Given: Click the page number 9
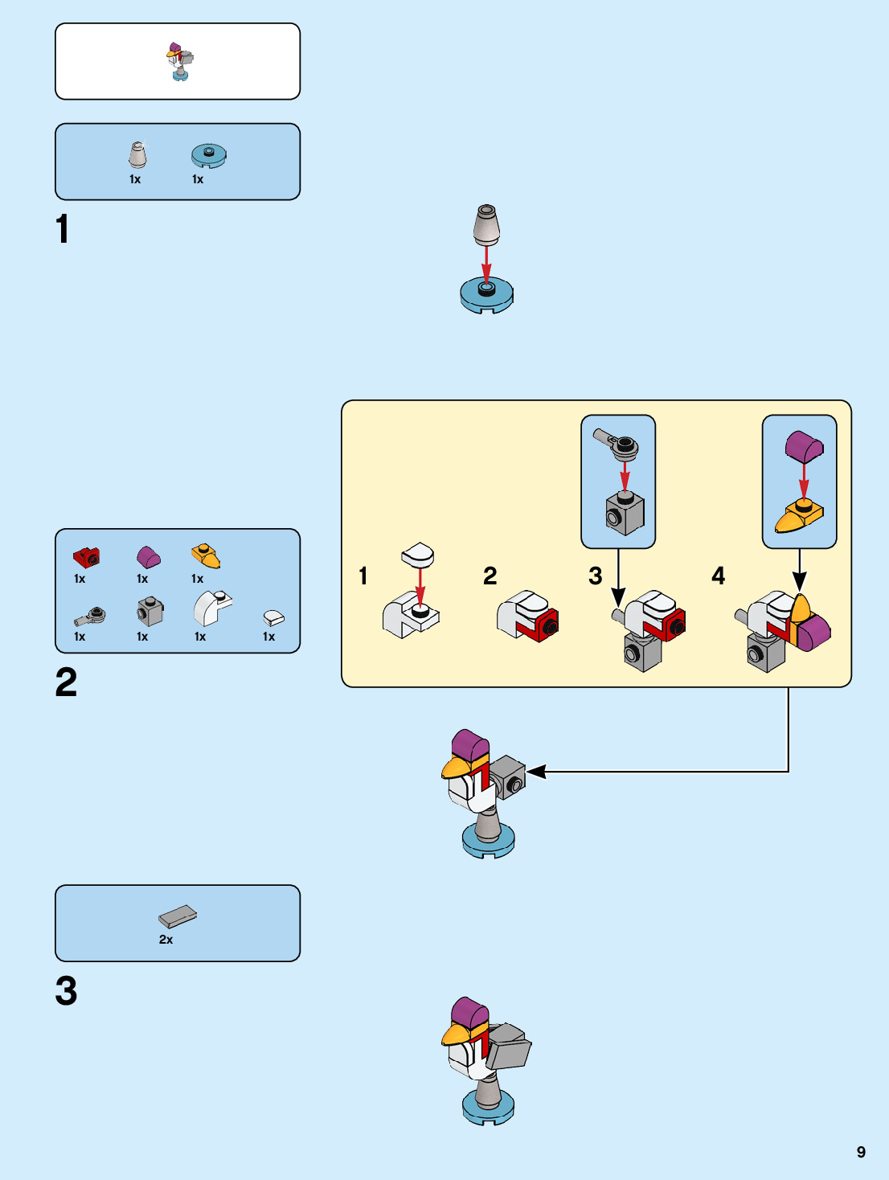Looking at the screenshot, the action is pyautogui.click(x=861, y=1152).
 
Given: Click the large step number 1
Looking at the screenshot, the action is pyautogui.click(x=63, y=229).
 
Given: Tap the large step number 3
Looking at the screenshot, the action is pyautogui.click(x=66, y=990).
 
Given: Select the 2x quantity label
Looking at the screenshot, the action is pyautogui.click(x=166, y=939).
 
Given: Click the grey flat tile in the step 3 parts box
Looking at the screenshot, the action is pyautogui.click(x=178, y=916).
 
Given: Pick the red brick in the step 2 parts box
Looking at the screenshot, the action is pyautogui.click(x=86, y=556).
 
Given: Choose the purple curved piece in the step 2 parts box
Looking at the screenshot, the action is pyautogui.click(x=148, y=556).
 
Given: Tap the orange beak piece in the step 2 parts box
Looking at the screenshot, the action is pyautogui.click(x=206, y=555).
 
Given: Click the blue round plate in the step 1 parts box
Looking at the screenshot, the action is pyautogui.click(x=209, y=155).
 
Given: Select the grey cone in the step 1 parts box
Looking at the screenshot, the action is pyautogui.click(x=138, y=155).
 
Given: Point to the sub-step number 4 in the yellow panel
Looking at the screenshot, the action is pyautogui.click(x=719, y=576).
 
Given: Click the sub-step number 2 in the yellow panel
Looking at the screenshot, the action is pyautogui.click(x=490, y=576).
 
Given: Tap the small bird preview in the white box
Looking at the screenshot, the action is pyautogui.click(x=180, y=61).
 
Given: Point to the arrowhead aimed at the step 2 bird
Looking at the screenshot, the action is pyautogui.click(x=536, y=772).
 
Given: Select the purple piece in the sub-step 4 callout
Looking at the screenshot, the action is pyautogui.click(x=804, y=447).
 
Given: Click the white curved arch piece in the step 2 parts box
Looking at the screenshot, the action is pyautogui.click(x=211, y=608).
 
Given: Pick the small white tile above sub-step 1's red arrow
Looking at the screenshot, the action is pyautogui.click(x=418, y=554).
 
